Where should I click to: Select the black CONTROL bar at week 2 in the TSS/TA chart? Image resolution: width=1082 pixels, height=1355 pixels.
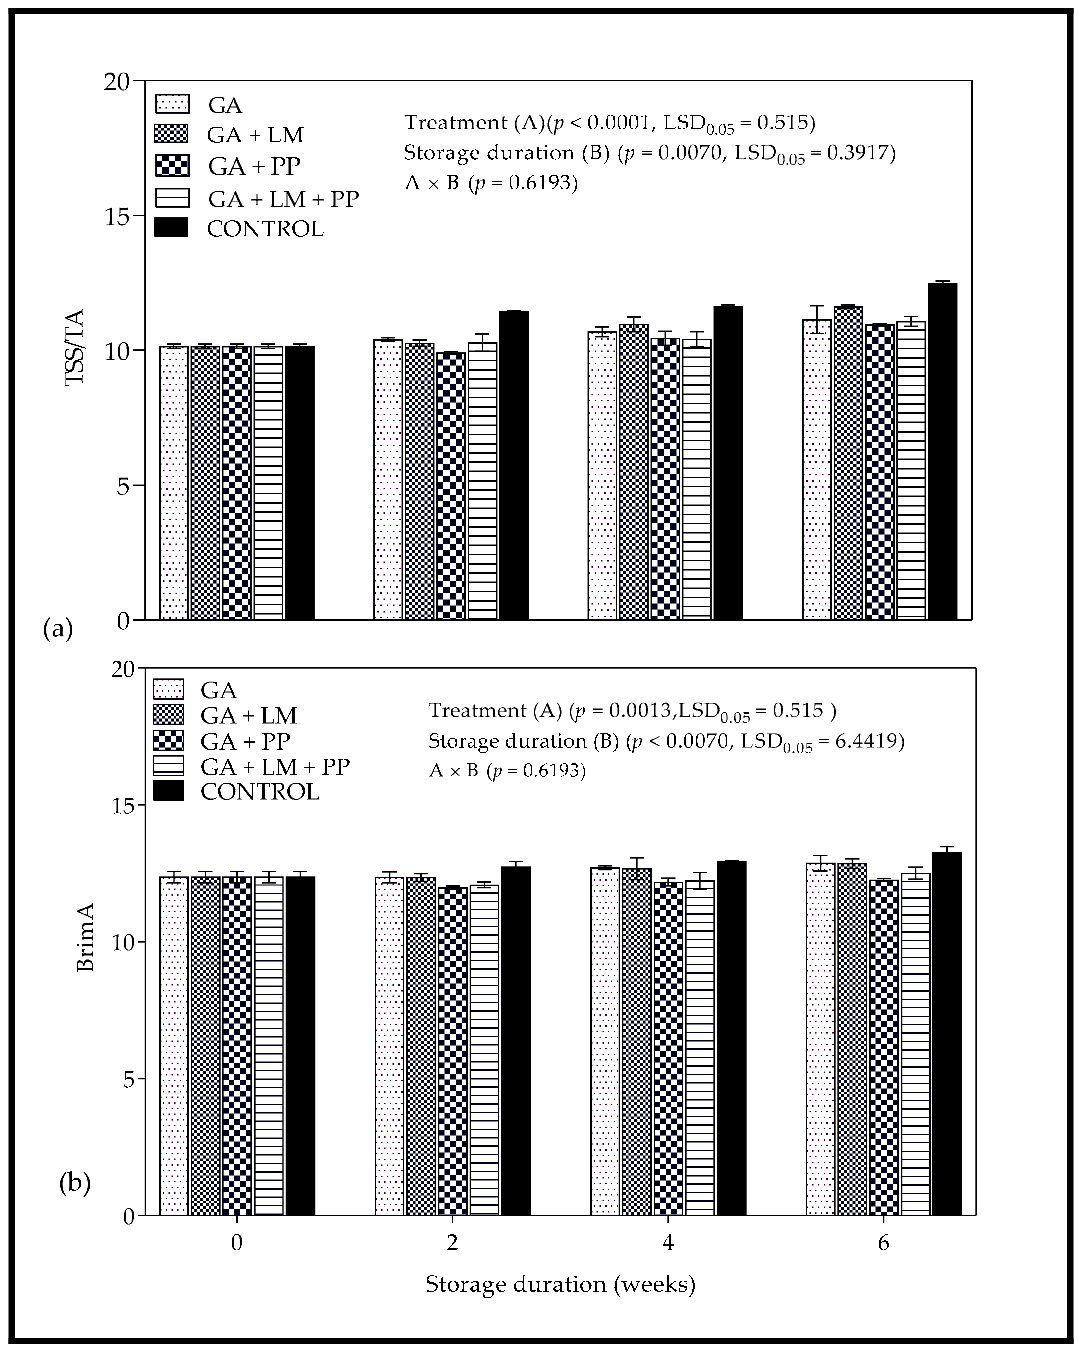pos(513,465)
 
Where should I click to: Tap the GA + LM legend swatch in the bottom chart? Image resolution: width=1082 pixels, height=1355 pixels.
pos(168,714)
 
